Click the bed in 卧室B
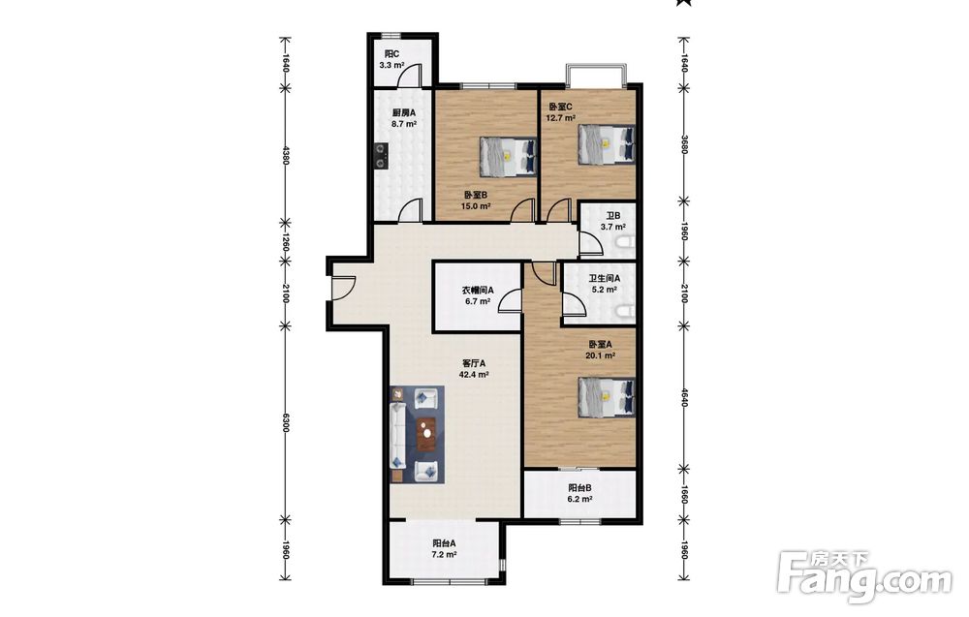click(508, 156)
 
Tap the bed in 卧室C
click(607, 144)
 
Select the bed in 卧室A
click(607, 397)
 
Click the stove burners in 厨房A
click(381, 156)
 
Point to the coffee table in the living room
click(426, 434)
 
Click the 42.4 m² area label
click(474, 374)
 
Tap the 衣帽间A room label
click(478, 291)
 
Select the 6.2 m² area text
click(580, 499)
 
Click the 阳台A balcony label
click(444, 543)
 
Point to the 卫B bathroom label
click(613, 216)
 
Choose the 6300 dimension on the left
click(285, 423)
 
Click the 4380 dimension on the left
click(285, 155)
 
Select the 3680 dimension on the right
click(683, 144)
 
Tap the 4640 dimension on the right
click(683, 397)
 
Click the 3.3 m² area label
click(391, 65)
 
